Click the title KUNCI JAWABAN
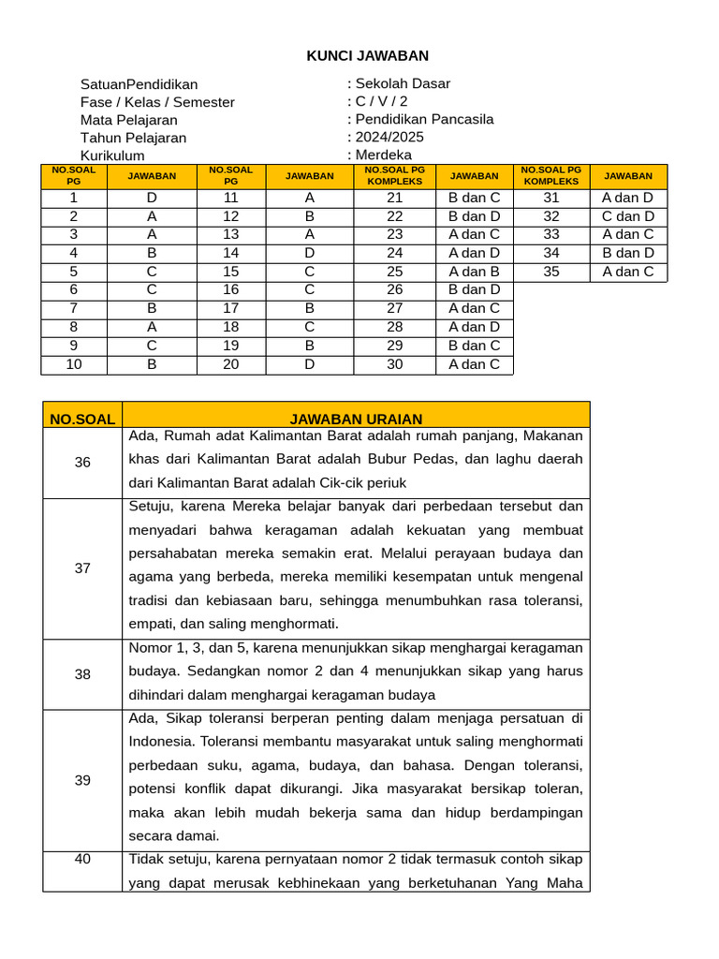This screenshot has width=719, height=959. coord(368,56)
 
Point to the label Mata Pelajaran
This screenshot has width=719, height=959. coord(128,120)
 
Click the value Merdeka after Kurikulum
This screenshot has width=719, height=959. coord(384,155)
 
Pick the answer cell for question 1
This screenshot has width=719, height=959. coord(152,198)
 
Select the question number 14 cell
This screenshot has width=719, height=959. coord(231,253)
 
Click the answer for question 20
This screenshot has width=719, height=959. coord(309,364)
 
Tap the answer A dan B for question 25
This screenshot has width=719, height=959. coord(474,272)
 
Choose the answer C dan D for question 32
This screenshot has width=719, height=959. coord(628,216)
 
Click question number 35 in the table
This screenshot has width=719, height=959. coord(551,272)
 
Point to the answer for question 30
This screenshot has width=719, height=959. coord(474,364)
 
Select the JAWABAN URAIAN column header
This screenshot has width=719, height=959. coord(356,419)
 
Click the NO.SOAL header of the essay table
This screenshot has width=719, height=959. coord(82,419)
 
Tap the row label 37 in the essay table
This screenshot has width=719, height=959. coord(82,568)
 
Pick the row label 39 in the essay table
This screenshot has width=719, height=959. coord(82,780)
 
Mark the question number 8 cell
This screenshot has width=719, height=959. coord(74,327)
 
